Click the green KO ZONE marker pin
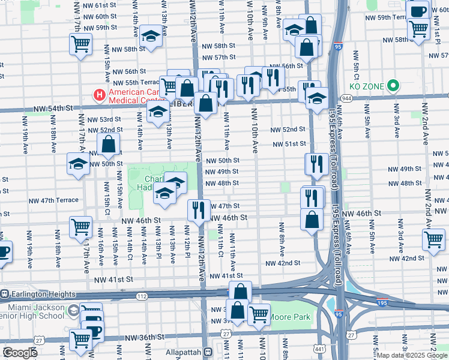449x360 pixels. [x=393, y=86]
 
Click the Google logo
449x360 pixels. [x=20, y=353]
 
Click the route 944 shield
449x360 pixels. [x=347, y=97]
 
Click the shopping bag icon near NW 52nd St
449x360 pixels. [x=108, y=145]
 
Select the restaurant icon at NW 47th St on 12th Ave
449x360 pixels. [x=198, y=210]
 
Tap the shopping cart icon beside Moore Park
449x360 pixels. [x=259, y=314]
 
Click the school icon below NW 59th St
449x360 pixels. [x=151, y=35]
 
